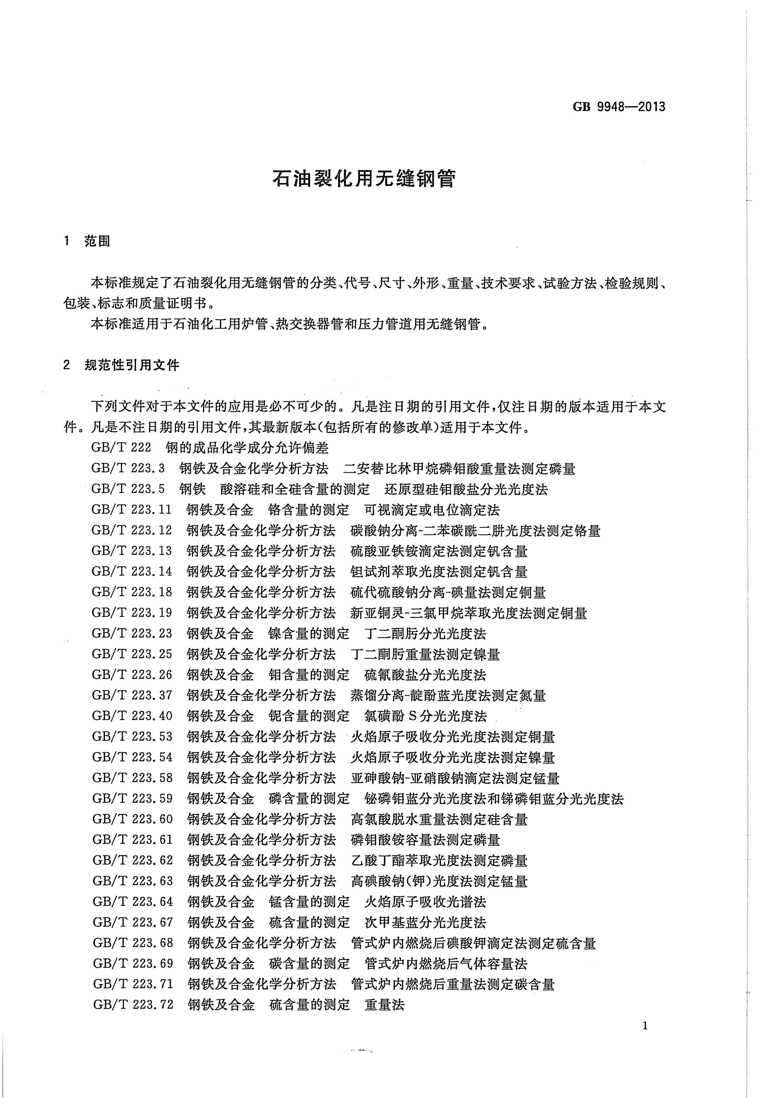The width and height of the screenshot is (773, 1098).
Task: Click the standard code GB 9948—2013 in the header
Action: [619, 107]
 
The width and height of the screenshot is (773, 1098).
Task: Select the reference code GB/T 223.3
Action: [128, 468]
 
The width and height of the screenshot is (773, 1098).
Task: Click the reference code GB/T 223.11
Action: [131, 510]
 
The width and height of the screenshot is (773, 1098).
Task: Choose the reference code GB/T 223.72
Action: [133, 1004]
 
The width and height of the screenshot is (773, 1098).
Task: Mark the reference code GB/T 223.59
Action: [132, 799]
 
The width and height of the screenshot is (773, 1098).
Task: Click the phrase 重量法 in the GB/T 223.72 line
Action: [385, 1004]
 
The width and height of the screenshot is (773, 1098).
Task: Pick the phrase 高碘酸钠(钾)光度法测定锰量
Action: [439, 881]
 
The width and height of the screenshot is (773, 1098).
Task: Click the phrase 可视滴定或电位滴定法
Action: [432, 510]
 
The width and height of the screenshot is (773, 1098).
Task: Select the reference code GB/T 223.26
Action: [132, 675]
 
